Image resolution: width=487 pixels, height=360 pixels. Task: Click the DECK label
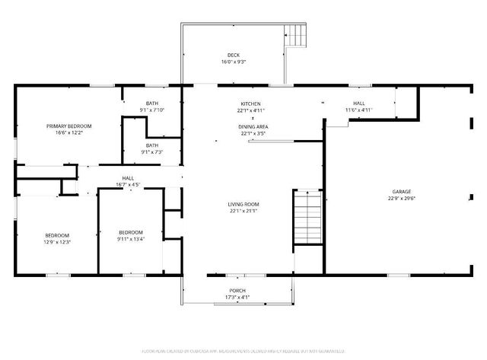[234, 55]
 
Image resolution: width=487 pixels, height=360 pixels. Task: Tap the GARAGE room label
[401, 192]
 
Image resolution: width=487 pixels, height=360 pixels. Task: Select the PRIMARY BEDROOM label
[68, 126]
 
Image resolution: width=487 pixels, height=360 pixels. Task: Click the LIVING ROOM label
[243, 204]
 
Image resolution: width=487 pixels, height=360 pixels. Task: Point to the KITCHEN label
[250, 104]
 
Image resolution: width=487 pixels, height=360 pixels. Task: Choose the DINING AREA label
[253, 126]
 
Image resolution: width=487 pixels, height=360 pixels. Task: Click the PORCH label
[237, 290]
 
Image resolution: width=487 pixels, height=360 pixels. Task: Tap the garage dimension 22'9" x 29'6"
[401, 199]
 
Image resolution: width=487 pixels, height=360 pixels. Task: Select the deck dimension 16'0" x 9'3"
[234, 62]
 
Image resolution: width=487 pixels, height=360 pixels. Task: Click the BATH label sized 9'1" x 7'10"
[152, 104]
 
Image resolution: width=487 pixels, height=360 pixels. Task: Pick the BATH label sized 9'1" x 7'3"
[152, 145]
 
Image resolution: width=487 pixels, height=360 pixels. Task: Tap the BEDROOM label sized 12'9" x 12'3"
[57, 235]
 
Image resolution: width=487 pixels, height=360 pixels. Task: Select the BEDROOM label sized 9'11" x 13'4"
[130, 232]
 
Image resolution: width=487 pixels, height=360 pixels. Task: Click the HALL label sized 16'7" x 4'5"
[128, 177]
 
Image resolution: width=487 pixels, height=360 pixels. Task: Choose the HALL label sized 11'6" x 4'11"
[358, 104]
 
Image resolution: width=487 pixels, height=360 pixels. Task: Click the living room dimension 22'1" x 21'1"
[243, 211]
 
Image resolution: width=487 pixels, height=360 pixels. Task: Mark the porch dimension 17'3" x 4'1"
[237, 297]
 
